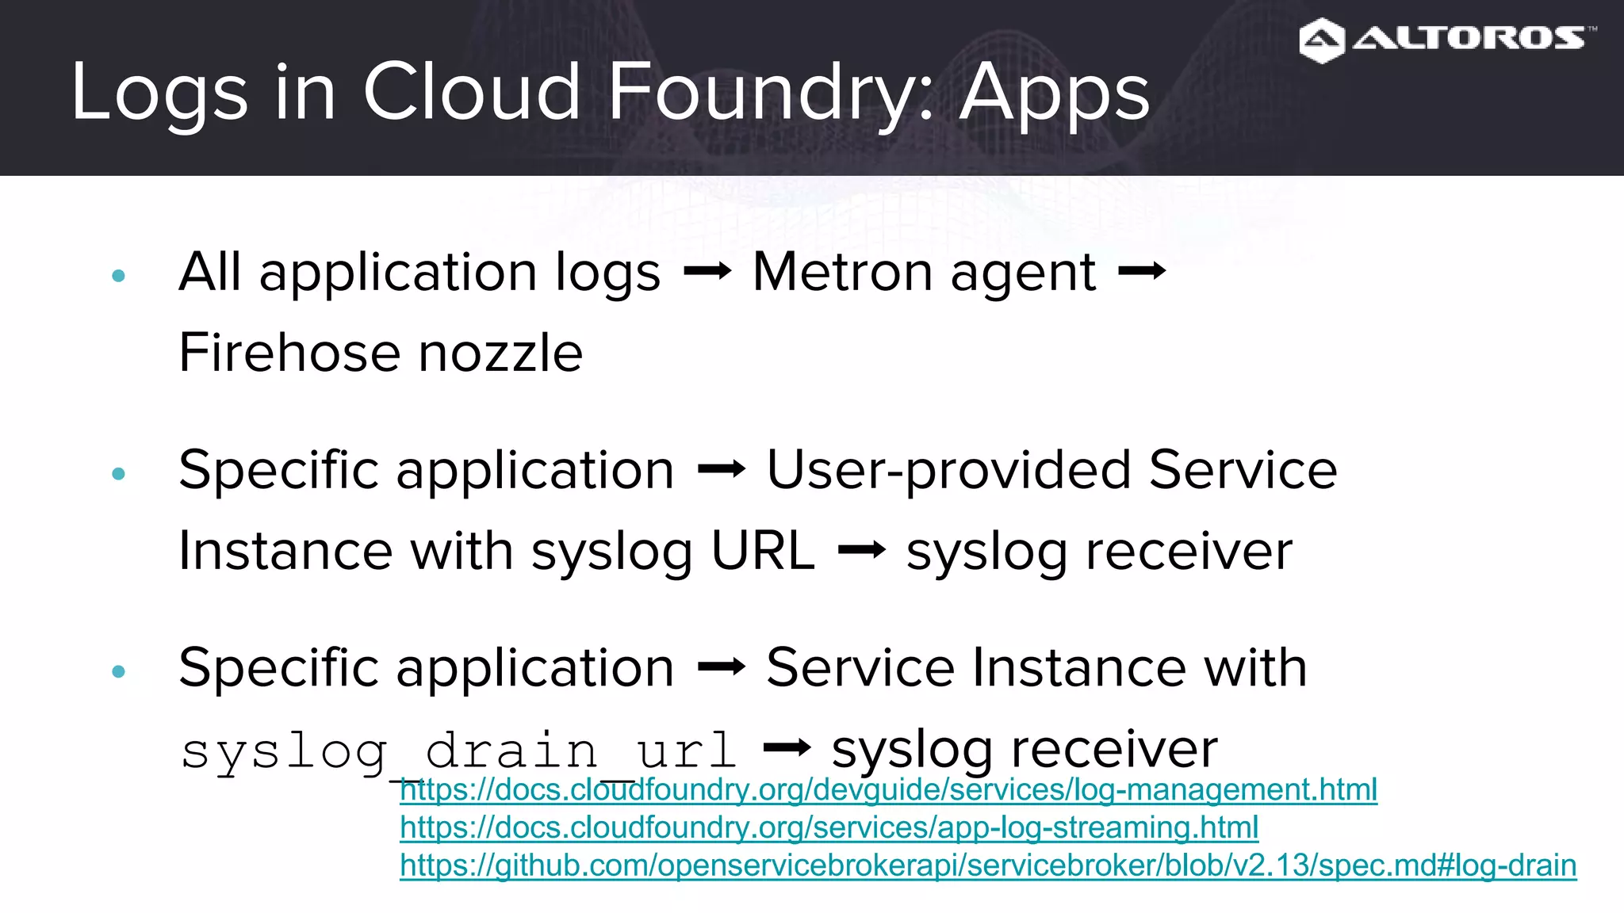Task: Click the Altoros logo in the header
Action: [1446, 40]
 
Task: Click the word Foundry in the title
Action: [769, 94]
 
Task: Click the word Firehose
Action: [290, 353]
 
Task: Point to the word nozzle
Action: [500, 353]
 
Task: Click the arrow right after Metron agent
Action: [1141, 273]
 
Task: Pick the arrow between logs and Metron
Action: [707, 273]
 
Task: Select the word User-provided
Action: [948, 471]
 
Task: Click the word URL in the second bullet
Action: [763, 551]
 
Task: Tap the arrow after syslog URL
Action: [861, 551]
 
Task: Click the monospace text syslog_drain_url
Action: [458, 751]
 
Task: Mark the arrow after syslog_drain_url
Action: [786, 748]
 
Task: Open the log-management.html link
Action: [888, 790]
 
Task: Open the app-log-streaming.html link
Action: [829, 827]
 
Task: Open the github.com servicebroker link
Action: [987, 865]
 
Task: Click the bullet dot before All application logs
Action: [119, 276]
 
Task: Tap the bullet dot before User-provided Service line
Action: [119, 474]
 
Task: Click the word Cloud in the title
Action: [472, 94]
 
